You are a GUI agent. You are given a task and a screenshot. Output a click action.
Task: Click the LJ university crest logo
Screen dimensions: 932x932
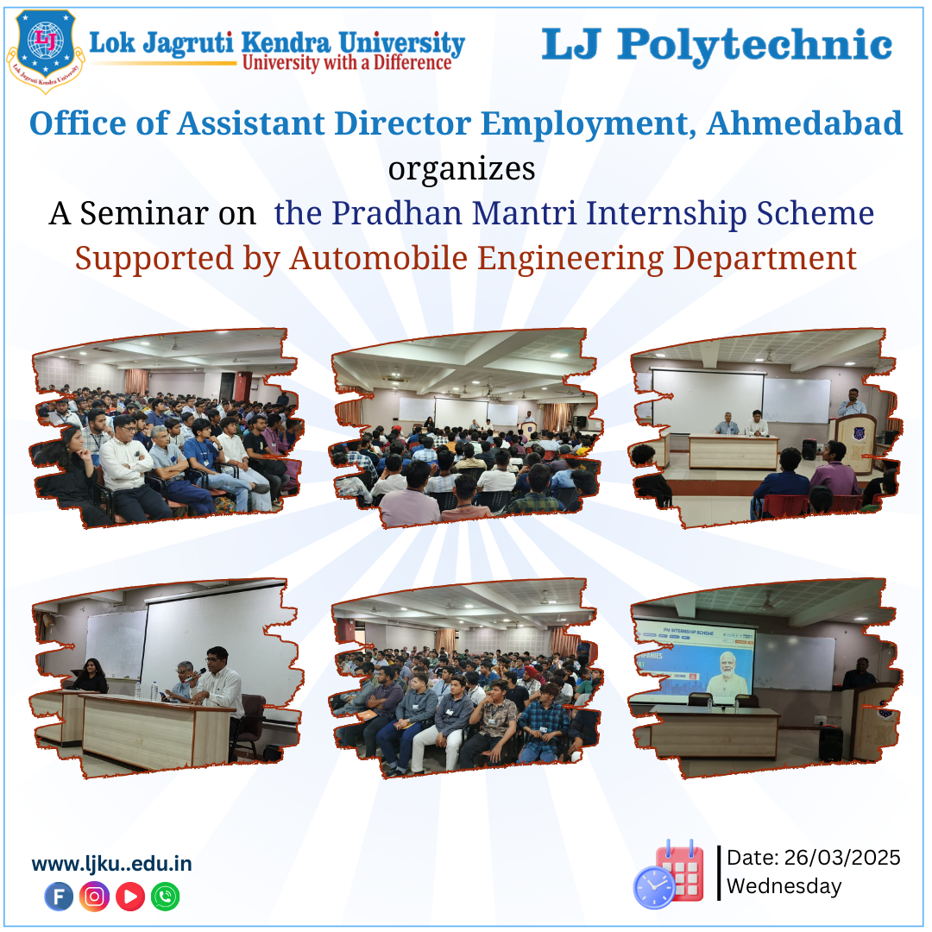[45, 49]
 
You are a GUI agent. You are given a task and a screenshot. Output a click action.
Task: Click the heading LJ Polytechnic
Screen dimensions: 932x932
[716, 45]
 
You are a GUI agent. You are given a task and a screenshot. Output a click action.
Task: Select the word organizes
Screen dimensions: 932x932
[462, 168]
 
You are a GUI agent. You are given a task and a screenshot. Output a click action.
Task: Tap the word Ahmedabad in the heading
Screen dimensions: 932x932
[804, 123]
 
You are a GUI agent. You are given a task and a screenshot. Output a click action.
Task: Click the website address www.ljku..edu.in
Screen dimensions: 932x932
[111, 864]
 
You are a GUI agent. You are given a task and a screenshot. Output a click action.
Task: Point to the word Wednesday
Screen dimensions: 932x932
[784, 886]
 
